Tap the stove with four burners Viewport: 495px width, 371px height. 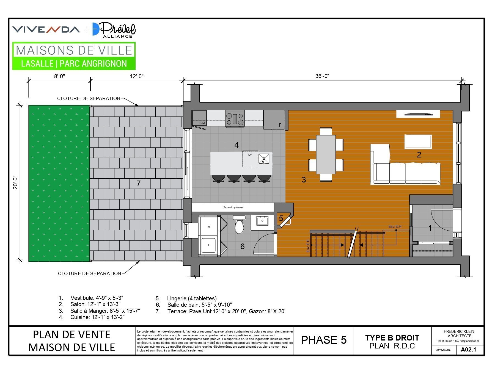pyautogui.click(x=235, y=119)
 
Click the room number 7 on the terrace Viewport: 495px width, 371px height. pyautogui.click(x=138, y=184)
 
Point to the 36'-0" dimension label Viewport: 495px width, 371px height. pyautogui.click(x=322, y=76)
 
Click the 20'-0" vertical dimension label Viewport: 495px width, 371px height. pyautogui.click(x=16, y=182)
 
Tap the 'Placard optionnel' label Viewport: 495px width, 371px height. pyautogui.click(x=233, y=207)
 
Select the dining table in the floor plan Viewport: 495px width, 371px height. pyautogui.click(x=326, y=154)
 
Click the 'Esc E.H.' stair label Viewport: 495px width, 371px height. pyautogui.click(x=395, y=227)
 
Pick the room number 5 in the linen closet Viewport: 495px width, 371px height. pyautogui.click(x=281, y=218)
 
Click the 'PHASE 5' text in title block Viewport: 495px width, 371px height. pyautogui.click(x=324, y=340)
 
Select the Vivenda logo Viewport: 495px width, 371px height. pyautogui.click(x=46, y=29)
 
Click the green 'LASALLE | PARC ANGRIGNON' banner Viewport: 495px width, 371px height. pyautogui.click(x=74, y=63)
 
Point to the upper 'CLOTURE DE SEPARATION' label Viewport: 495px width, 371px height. pyautogui.click(x=89, y=98)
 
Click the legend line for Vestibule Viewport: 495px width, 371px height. pyautogui.click(x=91, y=298)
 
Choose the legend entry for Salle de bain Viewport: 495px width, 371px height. pyautogui.click(x=194, y=305)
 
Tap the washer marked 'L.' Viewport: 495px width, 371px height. pyautogui.click(x=209, y=245)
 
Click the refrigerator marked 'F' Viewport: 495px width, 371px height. pyautogui.click(x=274, y=120)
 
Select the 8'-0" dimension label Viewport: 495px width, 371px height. pyautogui.click(x=59, y=76)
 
